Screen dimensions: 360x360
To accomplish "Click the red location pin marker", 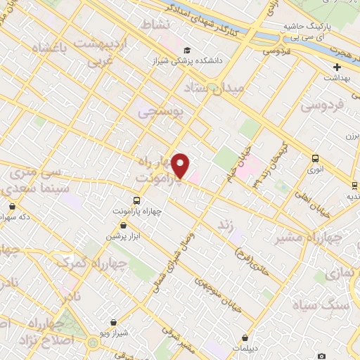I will pyautogui.click(x=181, y=165).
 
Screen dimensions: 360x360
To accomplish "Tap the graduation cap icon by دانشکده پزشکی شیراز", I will pyautogui.click(x=187, y=50).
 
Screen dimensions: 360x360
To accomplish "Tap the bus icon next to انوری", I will pyautogui.click(x=314, y=158).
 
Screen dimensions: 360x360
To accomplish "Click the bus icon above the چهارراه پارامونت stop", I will pyautogui.click(x=137, y=200).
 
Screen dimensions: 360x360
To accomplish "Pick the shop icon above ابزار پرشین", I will pyautogui.click(x=124, y=226).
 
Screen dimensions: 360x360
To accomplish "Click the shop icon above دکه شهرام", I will pyautogui.click(x=13, y=207).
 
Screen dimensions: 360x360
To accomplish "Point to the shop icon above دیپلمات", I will pyautogui.click(x=245, y=338).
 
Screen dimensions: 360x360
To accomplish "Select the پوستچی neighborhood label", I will pyautogui.click(x=158, y=111).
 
